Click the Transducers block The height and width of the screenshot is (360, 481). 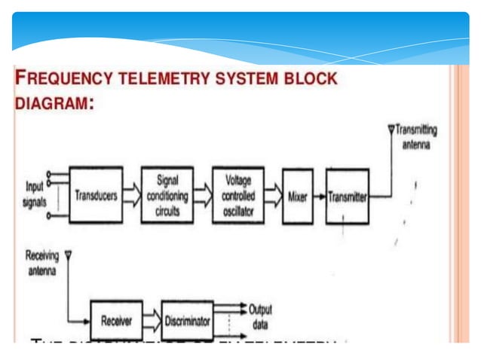pyautogui.click(x=96, y=194)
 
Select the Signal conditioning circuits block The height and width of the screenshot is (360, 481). pyautogui.click(x=167, y=194)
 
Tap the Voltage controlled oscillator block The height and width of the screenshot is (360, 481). pyautogui.click(x=237, y=194)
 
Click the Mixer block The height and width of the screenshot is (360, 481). pyautogui.click(x=297, y=195)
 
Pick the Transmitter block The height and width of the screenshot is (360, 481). pyautogui.click(x=348, y=195)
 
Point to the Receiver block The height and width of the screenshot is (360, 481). pyautogui.click(x=117, y=321)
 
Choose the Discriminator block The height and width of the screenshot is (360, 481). pyautogui.click(x=187, y=321)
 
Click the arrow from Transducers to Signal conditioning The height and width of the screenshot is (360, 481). pyautogui.click(x=131, y=195)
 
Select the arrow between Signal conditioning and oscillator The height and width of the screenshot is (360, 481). pyautogui.click(x=202, y=195)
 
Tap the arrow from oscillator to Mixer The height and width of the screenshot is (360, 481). pyautogui.click(x=272, y=195)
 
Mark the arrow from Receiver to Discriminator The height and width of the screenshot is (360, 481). pyautogui.click(x=152, y=321)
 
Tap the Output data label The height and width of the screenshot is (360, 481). pyautogui.click(x=260, y=316)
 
